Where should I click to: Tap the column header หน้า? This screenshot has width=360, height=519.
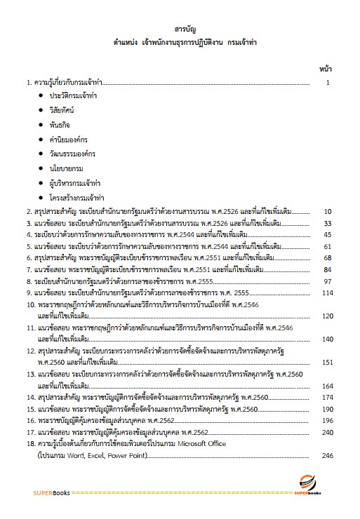[326, 68]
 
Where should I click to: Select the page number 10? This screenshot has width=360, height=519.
[327, 210]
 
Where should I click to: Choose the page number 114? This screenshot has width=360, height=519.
[326, 293]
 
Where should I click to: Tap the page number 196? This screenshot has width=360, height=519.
[326, 420]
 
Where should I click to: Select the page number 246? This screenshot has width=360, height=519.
[326, 455]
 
